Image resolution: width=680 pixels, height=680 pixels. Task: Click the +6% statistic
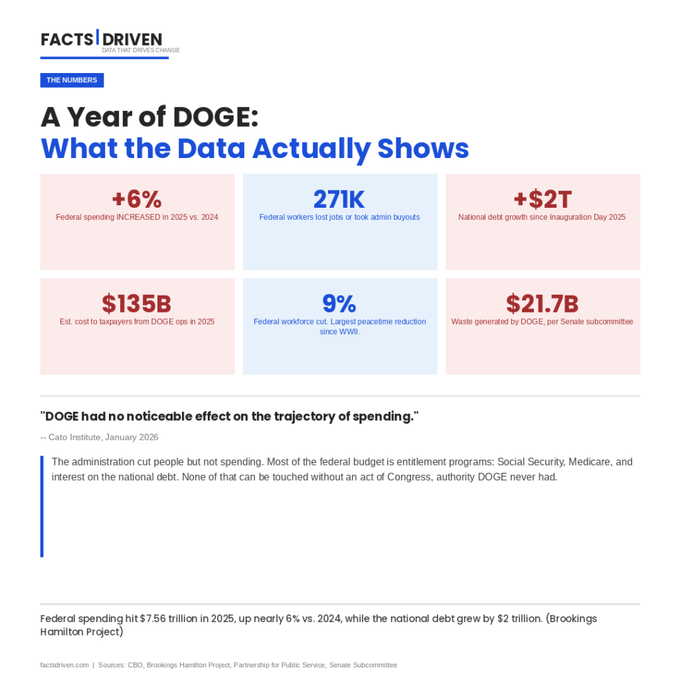tap(137, 199)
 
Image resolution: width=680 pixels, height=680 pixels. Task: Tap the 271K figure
tap(339, 199)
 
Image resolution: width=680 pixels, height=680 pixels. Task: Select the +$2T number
tap(543, 199)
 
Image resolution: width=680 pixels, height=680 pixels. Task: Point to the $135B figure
tap(137, 303)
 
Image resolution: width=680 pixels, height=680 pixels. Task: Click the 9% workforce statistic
tap(339, 303)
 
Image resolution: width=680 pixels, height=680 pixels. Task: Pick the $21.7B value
tap(543, 303)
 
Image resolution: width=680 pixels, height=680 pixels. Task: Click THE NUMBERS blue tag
tap(72, 80)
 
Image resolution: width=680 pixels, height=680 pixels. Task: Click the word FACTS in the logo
tap(66, 40)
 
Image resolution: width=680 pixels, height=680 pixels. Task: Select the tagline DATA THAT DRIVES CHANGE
tap(141, 50)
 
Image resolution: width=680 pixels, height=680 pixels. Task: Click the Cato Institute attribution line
tap(100, 437)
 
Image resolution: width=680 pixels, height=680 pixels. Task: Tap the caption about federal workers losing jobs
tap(339, 217)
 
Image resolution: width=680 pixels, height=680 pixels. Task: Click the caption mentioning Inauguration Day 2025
tap(542, 217)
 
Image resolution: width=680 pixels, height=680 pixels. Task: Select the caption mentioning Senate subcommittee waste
tap(542, 321)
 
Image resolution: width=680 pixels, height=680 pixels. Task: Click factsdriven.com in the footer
tap(64, 665)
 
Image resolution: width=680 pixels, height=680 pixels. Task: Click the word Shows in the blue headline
tap(423, 148)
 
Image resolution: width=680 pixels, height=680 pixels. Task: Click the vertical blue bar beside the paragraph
tap(42, 506)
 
